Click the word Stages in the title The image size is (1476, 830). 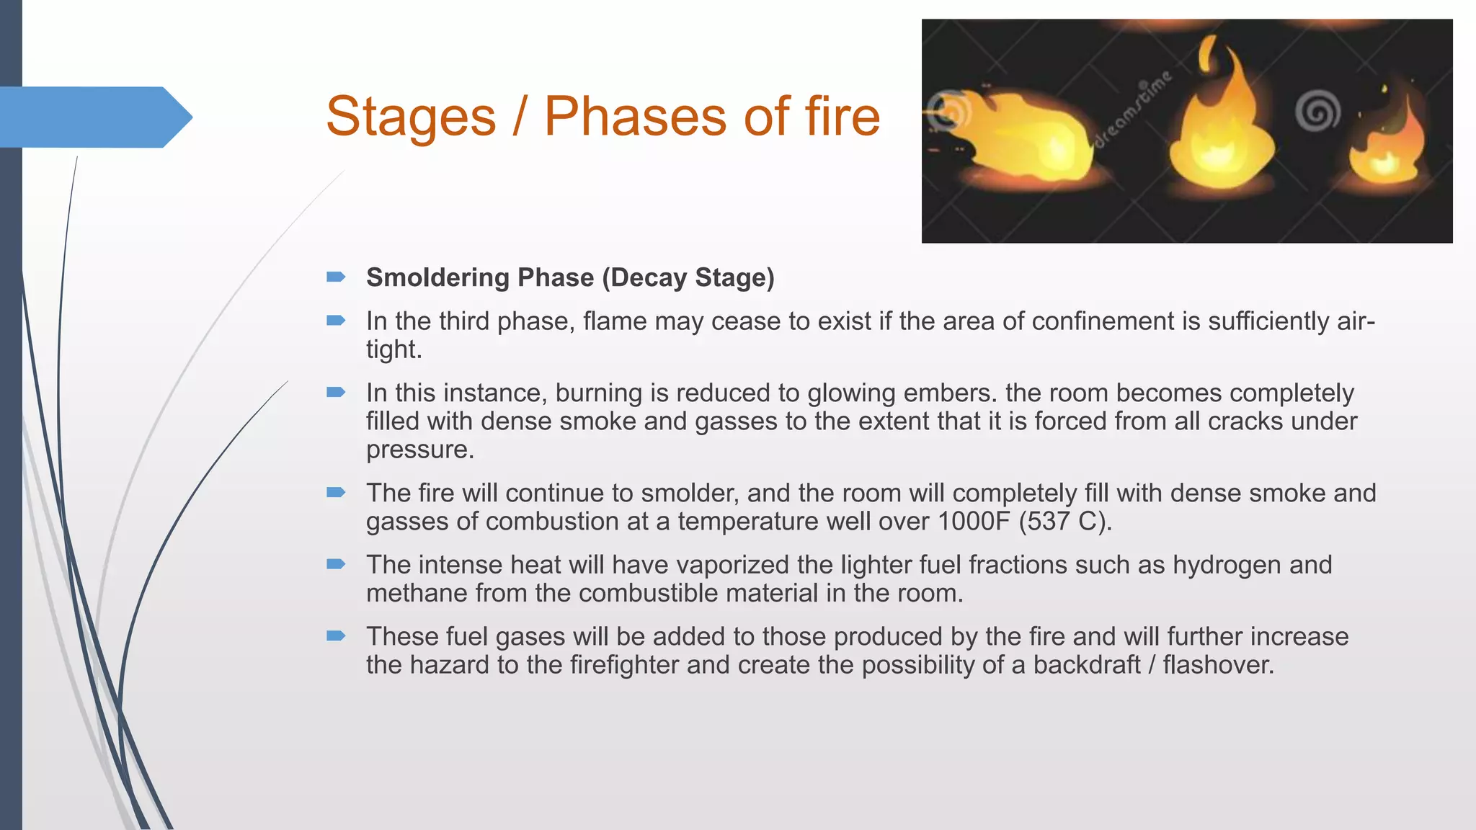pos(411,117)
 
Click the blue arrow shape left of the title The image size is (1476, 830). pos(94,117)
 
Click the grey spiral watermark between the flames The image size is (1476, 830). pos(1317,112)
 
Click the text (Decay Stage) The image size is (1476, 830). pos(688,278)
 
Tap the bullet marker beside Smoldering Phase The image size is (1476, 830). pos(336,277)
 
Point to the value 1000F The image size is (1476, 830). pos(974,522)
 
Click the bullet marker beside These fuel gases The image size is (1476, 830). pos(336,636)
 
